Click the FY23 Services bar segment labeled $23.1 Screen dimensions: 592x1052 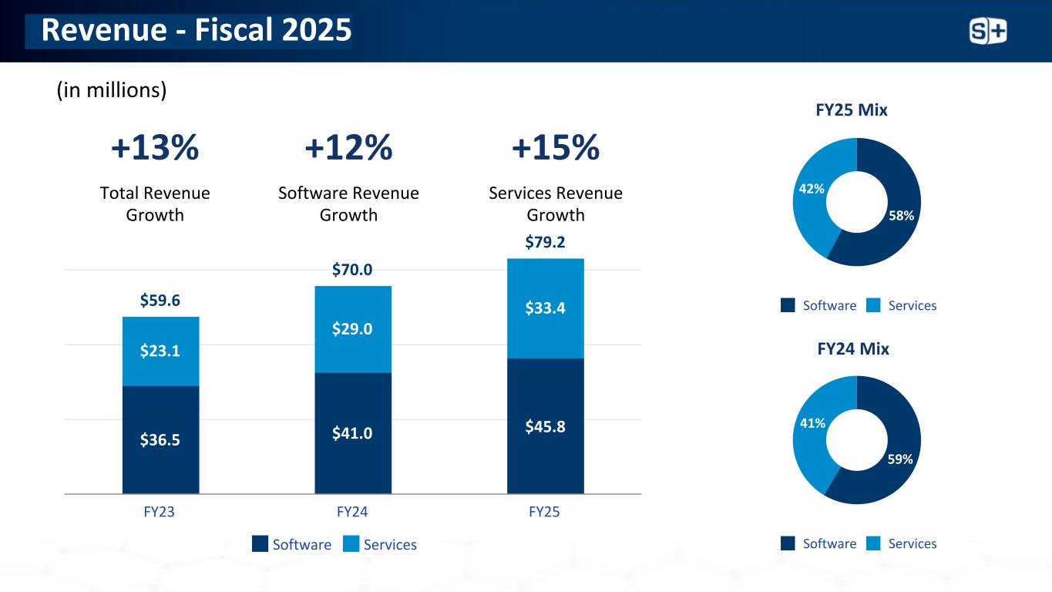click(x=160, y=351)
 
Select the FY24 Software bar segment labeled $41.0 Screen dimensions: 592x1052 click(x=352, y=433)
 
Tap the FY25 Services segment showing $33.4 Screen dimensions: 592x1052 click(x=545, y=308)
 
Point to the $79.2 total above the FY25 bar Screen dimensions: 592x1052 click(x=545, y=243)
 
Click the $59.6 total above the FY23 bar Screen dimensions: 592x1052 click(x=160, y=301)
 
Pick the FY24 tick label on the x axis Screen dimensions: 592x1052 click(x=352, y=511)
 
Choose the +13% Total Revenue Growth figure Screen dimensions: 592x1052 click(x=155, y=148)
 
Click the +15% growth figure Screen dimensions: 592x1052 click(x=555, y=148)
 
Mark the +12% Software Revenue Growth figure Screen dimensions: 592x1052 click(x=348, y=148)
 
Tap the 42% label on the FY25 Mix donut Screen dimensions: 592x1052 click(x=812, y=188)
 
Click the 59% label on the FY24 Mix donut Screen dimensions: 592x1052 click(x=900, y=459)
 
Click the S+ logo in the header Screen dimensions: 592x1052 click(x=987, y=31)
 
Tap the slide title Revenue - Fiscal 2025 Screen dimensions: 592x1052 click(x=196, y=31)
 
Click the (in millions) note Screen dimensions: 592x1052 click(x=112, y=90)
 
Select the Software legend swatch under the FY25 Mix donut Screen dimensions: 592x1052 click(x=788, y=305)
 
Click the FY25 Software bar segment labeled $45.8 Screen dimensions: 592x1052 click(x=545, y=425)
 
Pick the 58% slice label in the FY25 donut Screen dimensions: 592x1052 click(x=900, y=216)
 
